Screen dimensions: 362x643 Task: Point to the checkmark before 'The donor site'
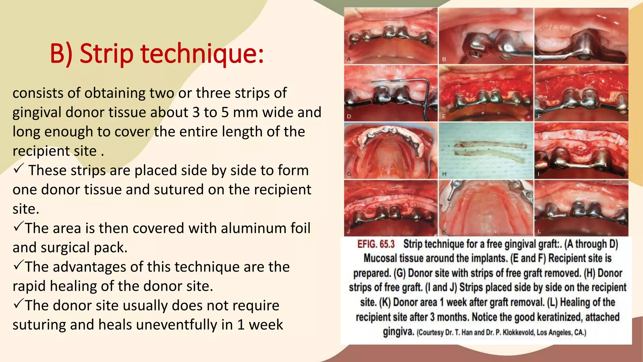[x=18, y=304]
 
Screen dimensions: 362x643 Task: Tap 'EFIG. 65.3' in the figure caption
[x=376, y=244]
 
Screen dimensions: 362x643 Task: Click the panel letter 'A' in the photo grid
[x=349, y=59]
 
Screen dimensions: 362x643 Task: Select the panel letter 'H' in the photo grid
[x=444, y=174]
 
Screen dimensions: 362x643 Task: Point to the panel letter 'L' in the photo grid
[x=539, y=232]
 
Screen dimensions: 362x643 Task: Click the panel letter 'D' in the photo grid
[x=349, y=117]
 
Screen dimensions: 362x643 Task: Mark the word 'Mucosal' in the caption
[x=380, y=258]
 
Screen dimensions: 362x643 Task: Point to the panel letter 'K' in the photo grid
[x=444, y=232]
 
